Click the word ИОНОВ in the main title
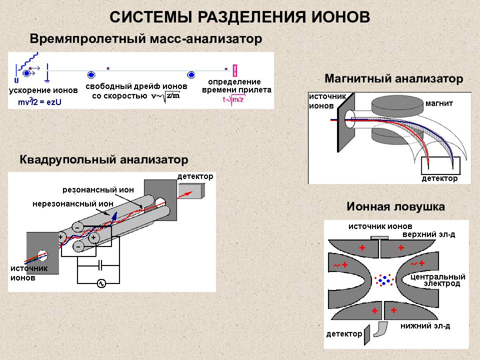(340, 17)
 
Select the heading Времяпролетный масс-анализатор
(145, 39)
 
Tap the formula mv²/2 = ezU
(39, 101)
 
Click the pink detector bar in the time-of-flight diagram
(235, 70)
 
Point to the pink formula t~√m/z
(234, 99)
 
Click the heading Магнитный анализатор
(393, 78)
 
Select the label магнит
(439, 103)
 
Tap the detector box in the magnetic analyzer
(440, 165)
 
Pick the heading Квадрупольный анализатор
(104, 159)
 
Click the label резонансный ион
(98, 190)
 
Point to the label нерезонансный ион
(73, 203)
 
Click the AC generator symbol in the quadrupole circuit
(101, 284)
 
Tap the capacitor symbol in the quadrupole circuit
(100, 265)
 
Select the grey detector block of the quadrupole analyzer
(191, 190)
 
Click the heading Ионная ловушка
(395, 206)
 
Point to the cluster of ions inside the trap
(384, 280)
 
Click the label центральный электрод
(438, 280)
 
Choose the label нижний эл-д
(425, 326)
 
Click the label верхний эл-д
(428, 234)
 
